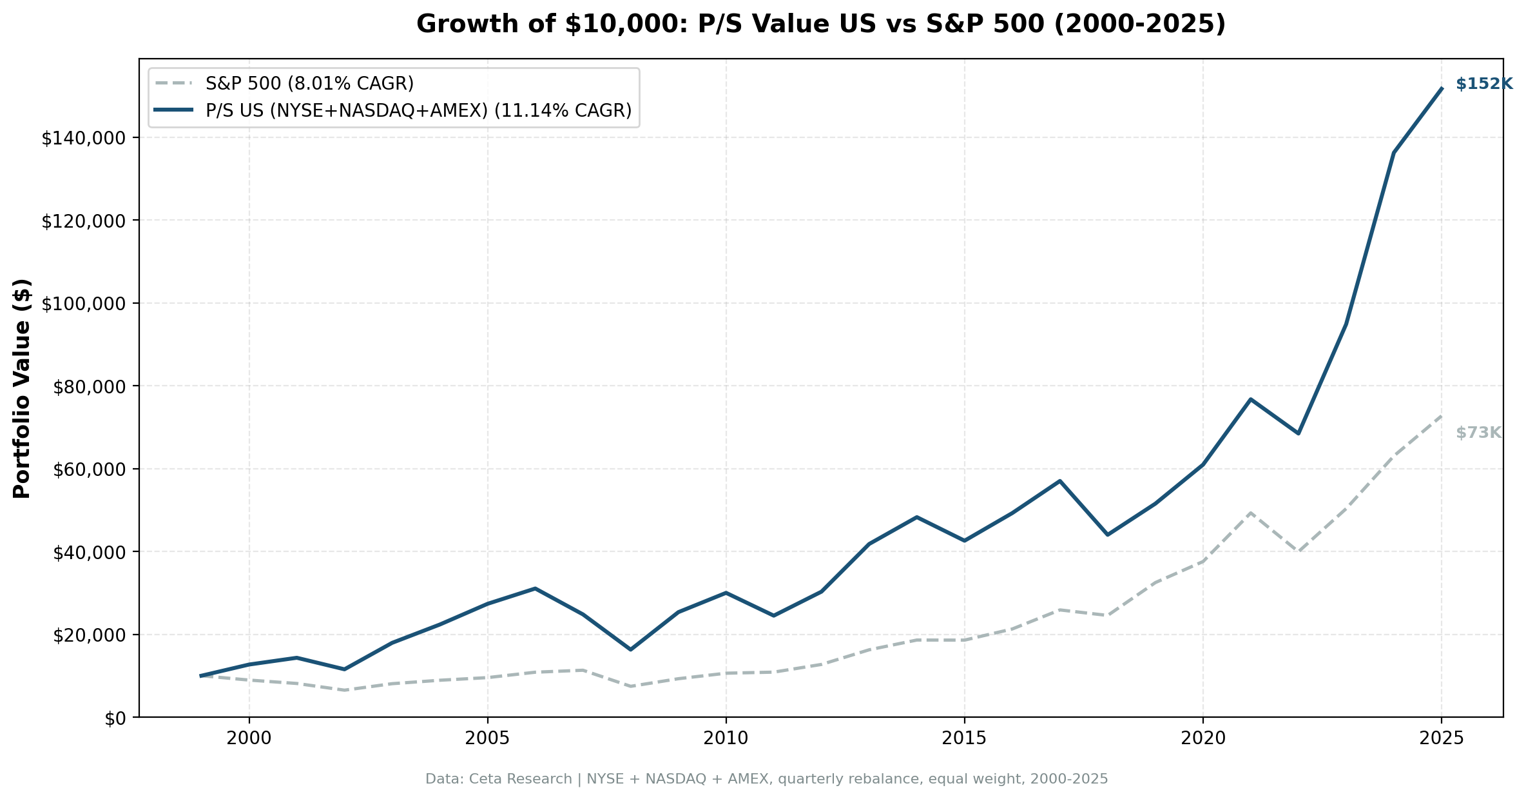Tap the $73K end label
point(1478,433)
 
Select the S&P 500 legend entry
point(309,83)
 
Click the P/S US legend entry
point(418,110)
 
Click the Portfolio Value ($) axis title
point(22,388)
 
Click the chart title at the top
point(820,25)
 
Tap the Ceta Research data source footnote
point(766,779)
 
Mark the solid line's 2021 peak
point(1250,399)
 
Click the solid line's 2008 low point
point(630,649)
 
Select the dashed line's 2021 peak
point(1250,513)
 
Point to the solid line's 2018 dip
point(1107,535)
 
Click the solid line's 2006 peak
point(535,588)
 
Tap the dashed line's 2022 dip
point(1298,551)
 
